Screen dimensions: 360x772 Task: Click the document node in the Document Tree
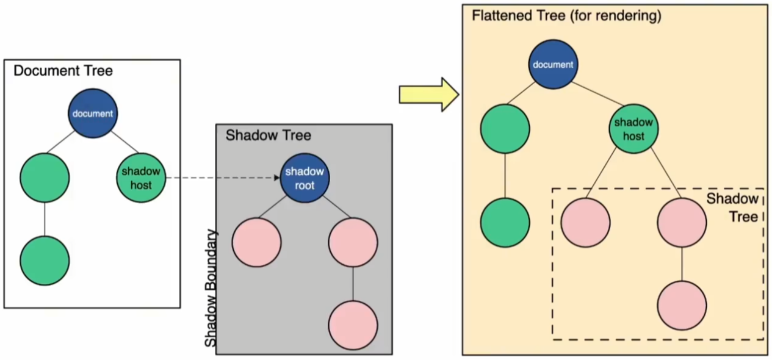click(93, 113)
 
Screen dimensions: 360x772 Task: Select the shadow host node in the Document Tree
click(141, 178)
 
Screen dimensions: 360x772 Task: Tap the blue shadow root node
click(305, 178)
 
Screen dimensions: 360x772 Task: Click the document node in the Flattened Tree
click(553, 65)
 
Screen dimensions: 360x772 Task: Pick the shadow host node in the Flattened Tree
click(633, 128)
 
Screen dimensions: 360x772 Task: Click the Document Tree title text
click(63, 70)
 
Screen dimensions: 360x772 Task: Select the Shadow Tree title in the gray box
click(268, 135)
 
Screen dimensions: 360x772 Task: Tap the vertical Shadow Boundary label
click(211, 288)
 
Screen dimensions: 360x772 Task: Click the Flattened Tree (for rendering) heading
click(566, 16)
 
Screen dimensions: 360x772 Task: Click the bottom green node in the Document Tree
click(45, 261)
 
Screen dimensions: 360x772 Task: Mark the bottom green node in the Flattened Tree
click(505, 223)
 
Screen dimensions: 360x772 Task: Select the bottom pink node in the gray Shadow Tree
click(353, 325)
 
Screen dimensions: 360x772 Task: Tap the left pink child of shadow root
click(256, 242)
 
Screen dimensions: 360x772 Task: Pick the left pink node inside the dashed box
click(585, 223)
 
